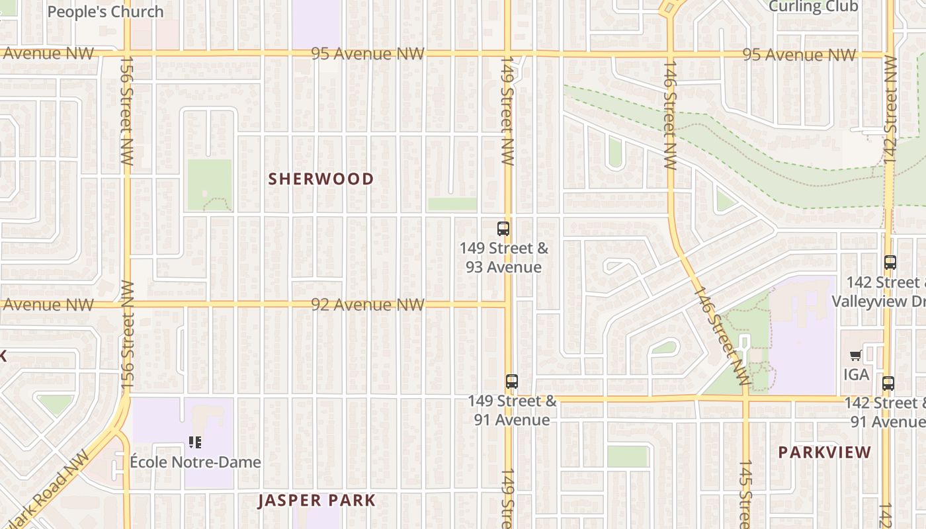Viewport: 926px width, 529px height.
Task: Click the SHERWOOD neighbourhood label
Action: click(x=321, y=179)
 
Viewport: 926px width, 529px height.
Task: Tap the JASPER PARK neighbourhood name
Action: click(x=317, y=501)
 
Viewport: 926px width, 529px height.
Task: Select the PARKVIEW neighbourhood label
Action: click(x=824, y=452)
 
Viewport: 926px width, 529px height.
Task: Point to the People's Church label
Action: click(x=106, y=12)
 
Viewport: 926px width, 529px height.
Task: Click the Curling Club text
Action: click(x=814, y=7)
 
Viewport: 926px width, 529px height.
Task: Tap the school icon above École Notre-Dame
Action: click(x=194, y=442)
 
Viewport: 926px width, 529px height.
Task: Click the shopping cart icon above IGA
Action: click(x=855, y=356)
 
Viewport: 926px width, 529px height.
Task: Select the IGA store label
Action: click(x=856, y=374)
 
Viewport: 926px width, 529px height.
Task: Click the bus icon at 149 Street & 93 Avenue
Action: click(x=503, y=229)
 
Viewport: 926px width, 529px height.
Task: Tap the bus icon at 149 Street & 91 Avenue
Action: click(x=512, y=382)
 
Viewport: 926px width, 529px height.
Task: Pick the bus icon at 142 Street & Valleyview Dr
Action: click(x=890, y=263)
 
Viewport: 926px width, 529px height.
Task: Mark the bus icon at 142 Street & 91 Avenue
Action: click(x=888, y=383)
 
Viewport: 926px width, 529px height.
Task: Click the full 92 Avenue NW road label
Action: click(x=368, y=305)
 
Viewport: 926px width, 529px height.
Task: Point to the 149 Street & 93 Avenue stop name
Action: click(x=504, y=258)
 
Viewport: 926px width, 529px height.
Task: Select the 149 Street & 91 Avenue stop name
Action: click(x=512, y=411)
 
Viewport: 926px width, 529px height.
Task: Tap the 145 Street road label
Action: click(x=745, y=493)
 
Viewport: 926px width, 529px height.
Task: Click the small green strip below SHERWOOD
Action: click(x=452, y=204)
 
